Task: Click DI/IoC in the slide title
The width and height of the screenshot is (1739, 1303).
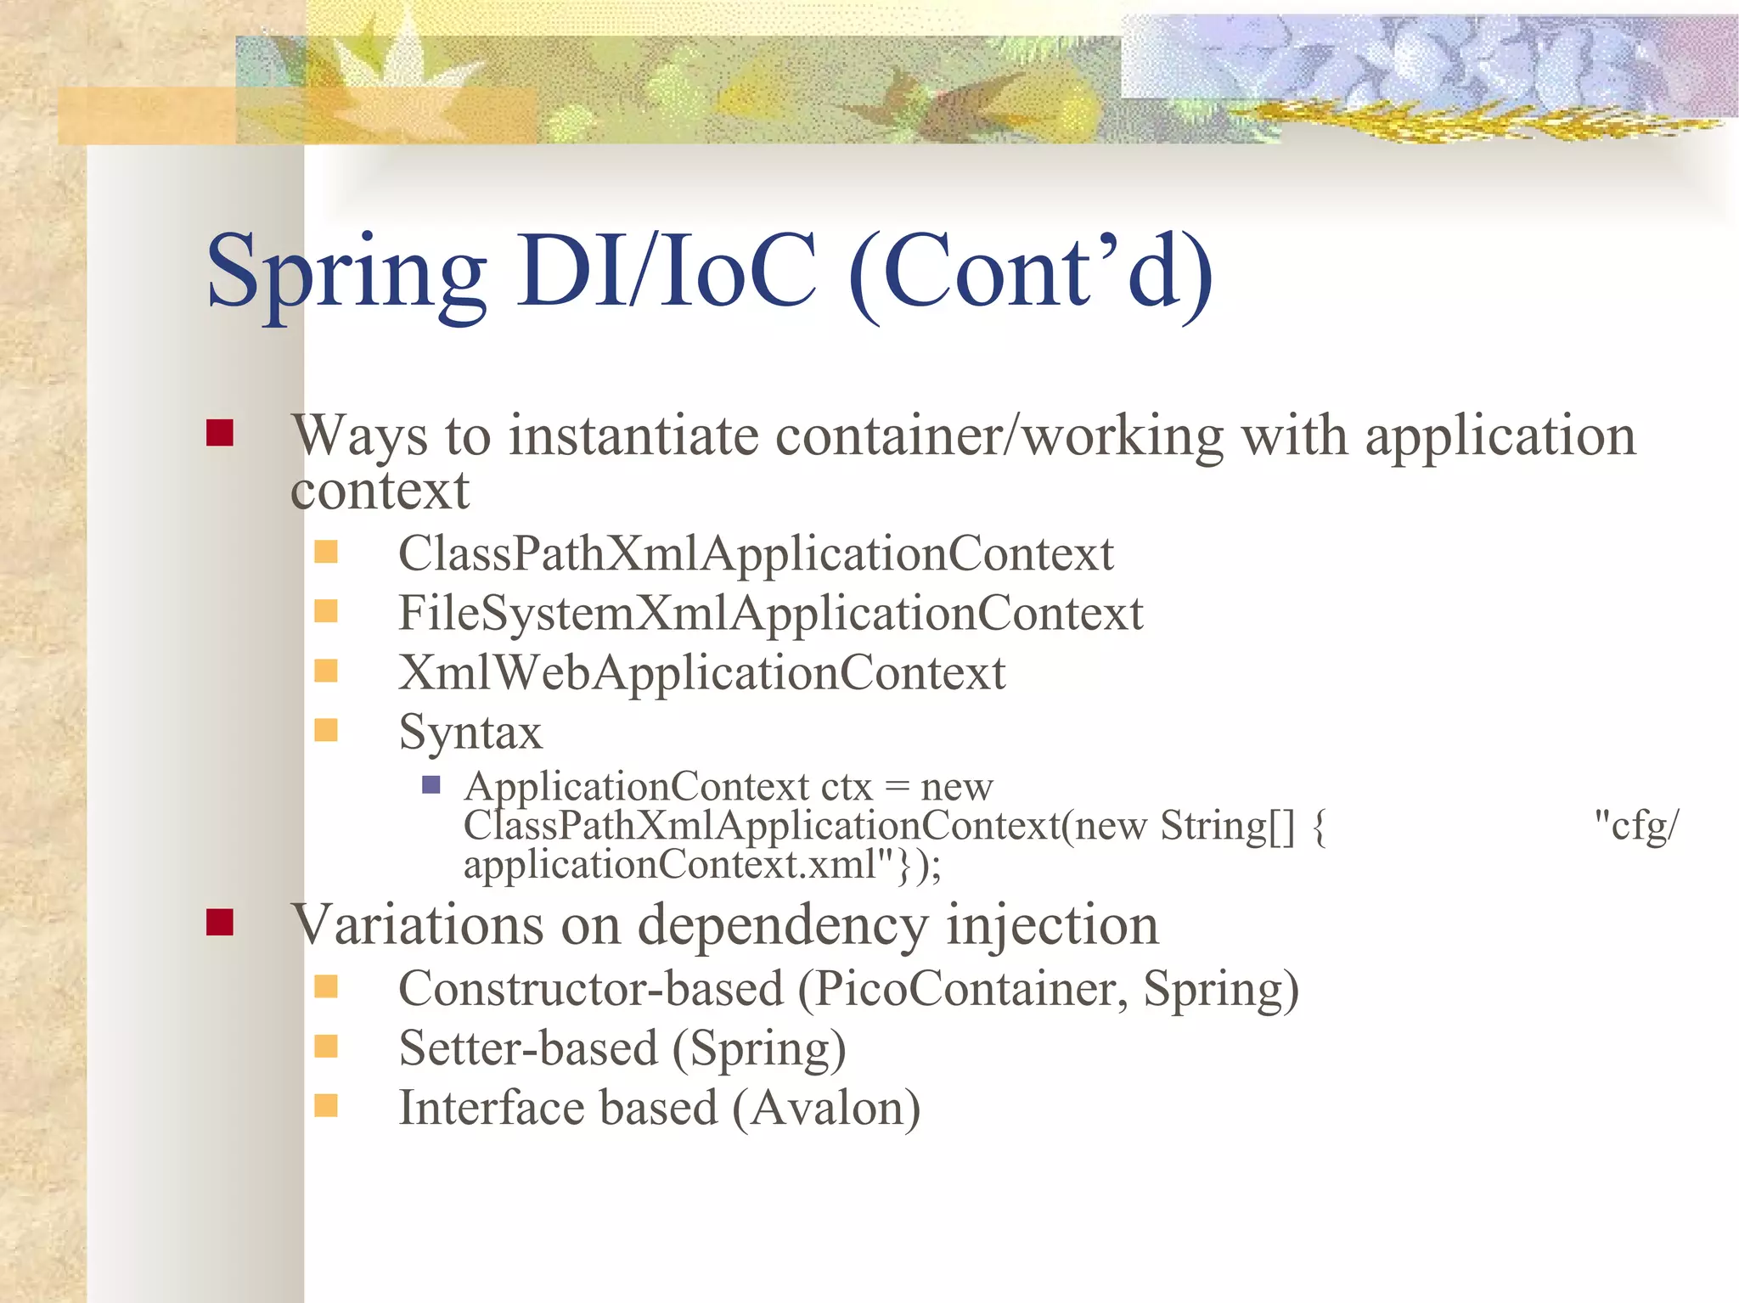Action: click(667, 272)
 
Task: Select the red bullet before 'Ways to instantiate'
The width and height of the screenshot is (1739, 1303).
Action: click(220, 433)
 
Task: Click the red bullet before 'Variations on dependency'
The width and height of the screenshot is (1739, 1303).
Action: click(220, 922)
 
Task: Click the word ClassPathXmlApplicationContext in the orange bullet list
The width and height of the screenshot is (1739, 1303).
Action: click(755, 554)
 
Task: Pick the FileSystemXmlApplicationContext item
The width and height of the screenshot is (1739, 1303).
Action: click(770, 614)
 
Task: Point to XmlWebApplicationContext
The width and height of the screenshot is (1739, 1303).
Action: click(701, 673)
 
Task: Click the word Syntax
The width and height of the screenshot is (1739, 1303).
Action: click(470, 733)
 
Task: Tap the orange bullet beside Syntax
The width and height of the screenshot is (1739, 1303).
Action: click(326, 730)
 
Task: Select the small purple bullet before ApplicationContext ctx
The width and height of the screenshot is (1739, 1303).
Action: click(431, 784)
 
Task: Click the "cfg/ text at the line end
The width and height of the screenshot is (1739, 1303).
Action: click(1635, 825)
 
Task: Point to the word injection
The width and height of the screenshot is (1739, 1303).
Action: click(1052, 924)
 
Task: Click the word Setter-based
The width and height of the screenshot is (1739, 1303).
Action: click(528, 1048)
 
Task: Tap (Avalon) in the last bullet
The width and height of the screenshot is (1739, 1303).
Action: click(825, 1109)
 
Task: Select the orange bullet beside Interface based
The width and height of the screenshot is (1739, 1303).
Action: click(326, 1105)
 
